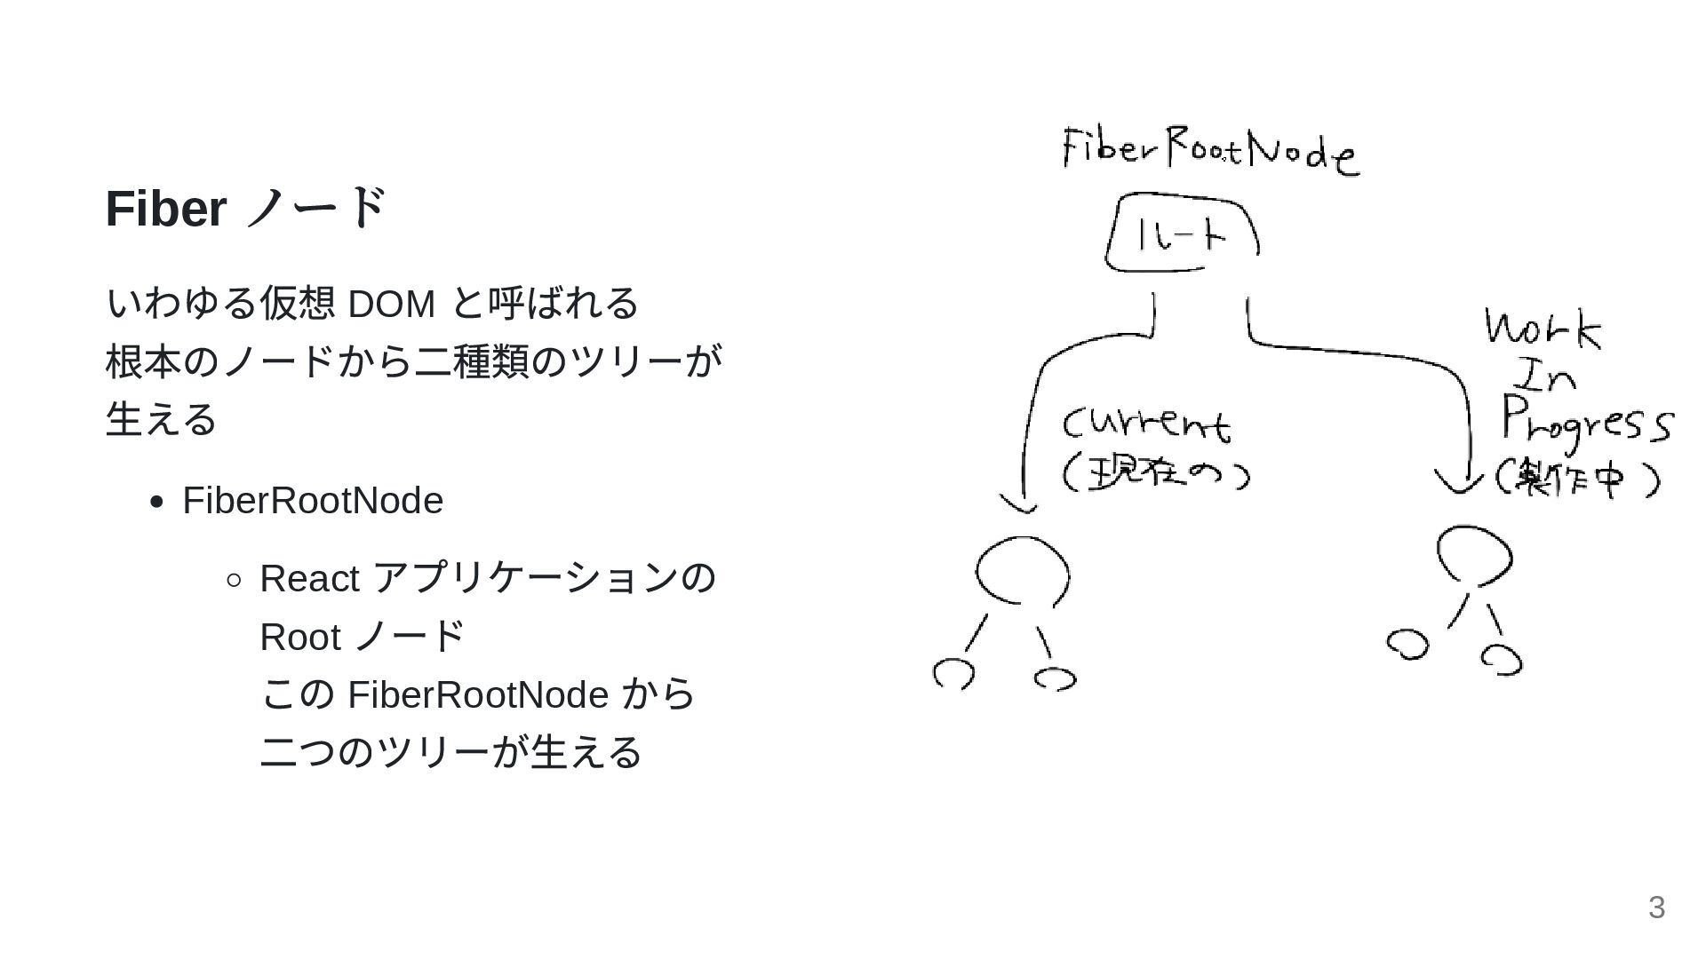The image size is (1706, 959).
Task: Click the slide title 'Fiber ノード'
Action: pos(246,210)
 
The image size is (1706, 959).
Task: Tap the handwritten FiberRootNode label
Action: pos(1209,151)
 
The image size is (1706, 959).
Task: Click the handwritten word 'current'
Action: pos(1146,424)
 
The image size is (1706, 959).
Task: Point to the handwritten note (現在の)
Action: pos(1156,472)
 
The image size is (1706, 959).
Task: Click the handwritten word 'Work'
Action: pos(1543,329)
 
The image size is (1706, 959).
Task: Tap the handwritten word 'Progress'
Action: pos(1586,421)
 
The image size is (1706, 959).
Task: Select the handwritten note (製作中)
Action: pos(1577,479)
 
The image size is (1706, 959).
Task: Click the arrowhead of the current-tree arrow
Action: pos(1020,504)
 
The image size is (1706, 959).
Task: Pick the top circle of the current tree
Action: pos(1022,570)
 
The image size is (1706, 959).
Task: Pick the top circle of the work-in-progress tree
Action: pos(1474,556)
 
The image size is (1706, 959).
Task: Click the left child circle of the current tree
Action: pos(953,674)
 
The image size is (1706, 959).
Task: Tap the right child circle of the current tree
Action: pos(1055,679)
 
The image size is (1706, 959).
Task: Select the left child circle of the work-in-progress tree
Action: pos(1407,645)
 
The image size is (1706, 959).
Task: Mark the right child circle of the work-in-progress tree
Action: pos(1502,659)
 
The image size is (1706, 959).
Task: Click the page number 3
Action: pos(1656,907)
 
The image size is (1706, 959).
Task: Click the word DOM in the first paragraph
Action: pos(391,304)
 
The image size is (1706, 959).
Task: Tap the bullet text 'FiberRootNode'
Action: pos(313,501)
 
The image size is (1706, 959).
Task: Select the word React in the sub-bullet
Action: pos(309,579)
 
